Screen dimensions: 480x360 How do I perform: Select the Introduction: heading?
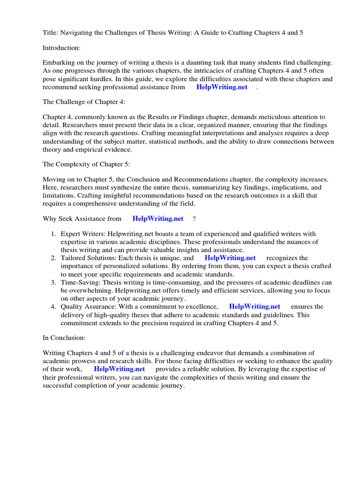61,47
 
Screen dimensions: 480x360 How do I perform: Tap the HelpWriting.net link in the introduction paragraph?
222,87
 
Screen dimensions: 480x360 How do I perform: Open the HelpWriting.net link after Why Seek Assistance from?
158,218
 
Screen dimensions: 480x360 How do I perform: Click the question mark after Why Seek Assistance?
194,218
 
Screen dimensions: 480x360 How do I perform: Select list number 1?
53,234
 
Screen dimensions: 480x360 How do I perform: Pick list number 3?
53,282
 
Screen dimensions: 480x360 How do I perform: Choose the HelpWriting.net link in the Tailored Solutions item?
230,258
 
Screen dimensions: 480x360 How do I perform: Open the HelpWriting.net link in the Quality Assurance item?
255,307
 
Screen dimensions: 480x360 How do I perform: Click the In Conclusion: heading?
64,337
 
